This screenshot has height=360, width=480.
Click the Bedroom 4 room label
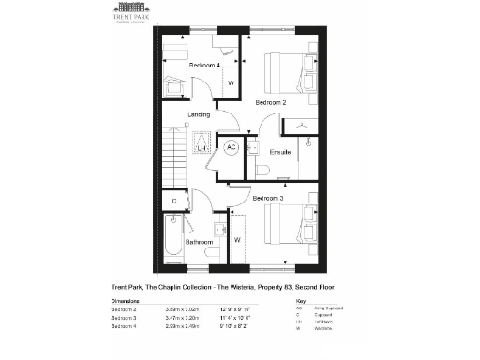(204, 66)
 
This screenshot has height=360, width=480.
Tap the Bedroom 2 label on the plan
(271, 101)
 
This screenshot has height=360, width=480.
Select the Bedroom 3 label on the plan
(269, 199)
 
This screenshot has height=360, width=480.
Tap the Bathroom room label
(199, 242)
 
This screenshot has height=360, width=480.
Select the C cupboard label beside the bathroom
(173, 201)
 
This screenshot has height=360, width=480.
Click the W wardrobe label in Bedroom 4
(231, 83)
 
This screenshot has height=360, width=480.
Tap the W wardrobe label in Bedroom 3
(237, 240)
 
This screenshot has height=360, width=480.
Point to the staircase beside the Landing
(175, 155)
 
